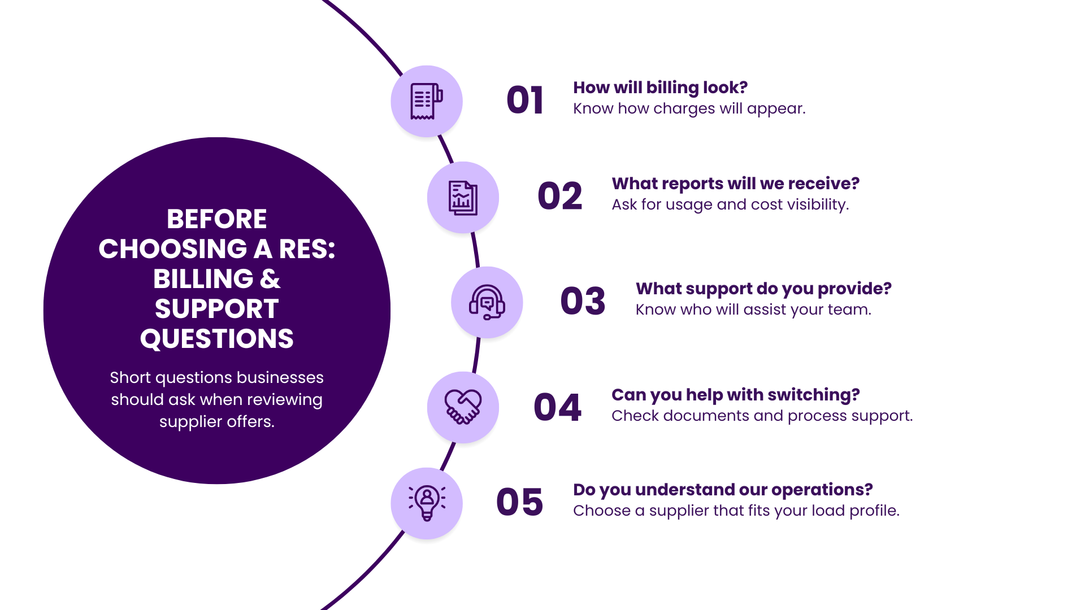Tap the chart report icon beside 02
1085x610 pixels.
(463, 198)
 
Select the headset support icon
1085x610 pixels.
(487, 302)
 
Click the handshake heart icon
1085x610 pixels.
(463, 407)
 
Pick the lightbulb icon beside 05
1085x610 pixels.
(427, 503)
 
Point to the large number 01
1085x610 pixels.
(525, 101)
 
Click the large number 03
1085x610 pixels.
(583, 301)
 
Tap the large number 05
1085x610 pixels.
(519, 502)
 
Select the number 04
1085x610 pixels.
(557, 407)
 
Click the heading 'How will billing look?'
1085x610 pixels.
(660, 88)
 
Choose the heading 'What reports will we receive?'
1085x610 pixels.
(735, 184)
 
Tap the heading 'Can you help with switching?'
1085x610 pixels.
(735, 395)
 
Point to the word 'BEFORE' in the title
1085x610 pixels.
(217, 219)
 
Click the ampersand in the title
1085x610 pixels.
(270, 279)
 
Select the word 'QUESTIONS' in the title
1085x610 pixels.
(217, 339)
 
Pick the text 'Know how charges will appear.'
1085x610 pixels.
(689, 109)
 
